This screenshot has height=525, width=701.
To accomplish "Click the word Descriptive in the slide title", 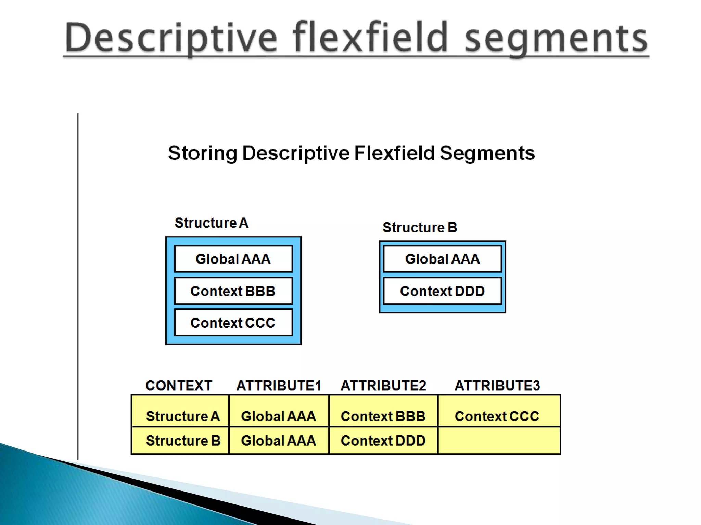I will click(170, 38).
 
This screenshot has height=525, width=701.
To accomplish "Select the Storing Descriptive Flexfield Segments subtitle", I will click(351, 153).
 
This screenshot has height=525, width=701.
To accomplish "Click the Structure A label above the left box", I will click(212, 223).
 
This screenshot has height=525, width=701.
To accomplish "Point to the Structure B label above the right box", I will click(420, 227).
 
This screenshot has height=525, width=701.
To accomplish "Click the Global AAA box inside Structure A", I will click(233, 259).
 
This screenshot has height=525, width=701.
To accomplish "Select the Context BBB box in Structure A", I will click(233, 291).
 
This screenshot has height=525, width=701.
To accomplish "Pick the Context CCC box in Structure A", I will click(233, 323).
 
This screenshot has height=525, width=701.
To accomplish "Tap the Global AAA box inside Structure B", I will click(442, 259).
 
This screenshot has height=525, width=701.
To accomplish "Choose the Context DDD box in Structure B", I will click(442, 291).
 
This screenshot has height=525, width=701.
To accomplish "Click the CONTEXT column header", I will click(179, 386).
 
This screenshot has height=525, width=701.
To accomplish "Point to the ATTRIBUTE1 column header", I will click(279, 386).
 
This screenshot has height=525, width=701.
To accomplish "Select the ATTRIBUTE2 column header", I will click(383, 386).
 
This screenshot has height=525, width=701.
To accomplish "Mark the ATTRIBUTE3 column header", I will click(497, 386).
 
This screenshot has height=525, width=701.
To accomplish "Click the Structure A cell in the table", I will click(182, 416).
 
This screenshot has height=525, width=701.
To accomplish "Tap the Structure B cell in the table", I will click(183, 441).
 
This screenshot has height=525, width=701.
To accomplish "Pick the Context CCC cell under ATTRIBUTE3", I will click(497, 416).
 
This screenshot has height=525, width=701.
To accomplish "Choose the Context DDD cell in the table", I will click(383, 441).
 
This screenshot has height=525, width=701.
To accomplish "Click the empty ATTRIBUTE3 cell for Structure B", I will click(499, 441).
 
